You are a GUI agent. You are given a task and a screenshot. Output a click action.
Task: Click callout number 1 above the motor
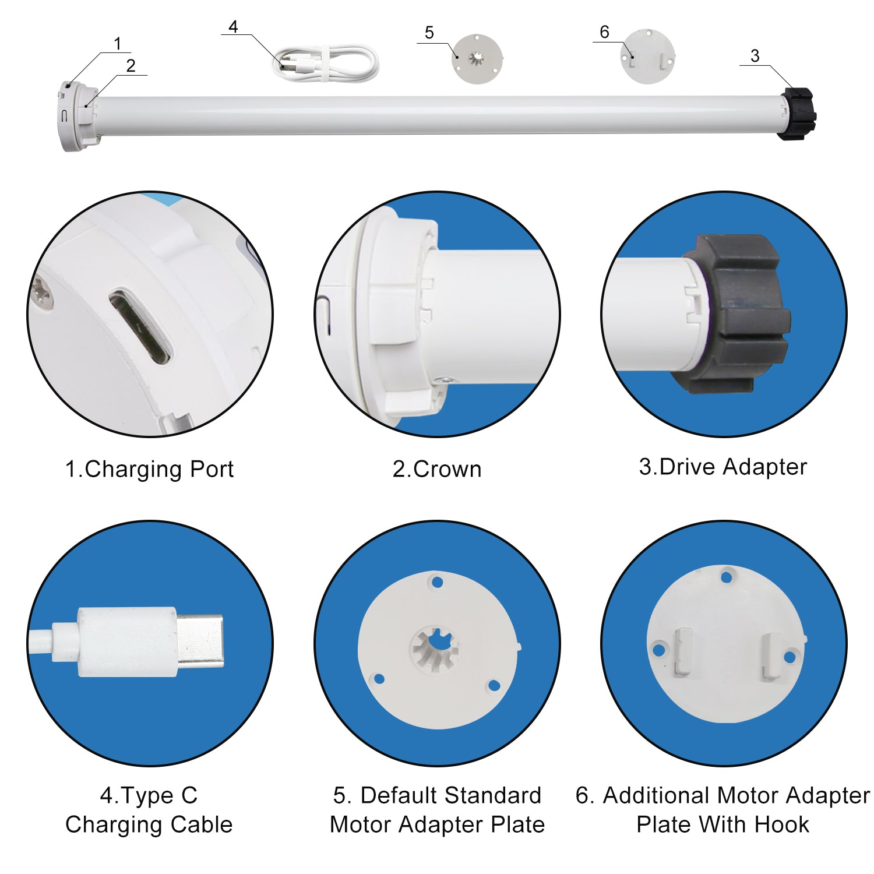pos(118,44)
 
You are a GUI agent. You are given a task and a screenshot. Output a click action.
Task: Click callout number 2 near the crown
pos(131,66)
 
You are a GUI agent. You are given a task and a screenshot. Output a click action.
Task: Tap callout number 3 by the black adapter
pos(755,56)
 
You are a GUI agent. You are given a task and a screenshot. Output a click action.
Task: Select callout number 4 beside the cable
pos(234,27)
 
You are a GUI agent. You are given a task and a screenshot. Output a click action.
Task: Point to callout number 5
pos(429,33)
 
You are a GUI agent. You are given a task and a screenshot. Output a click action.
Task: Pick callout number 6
pos(604,32)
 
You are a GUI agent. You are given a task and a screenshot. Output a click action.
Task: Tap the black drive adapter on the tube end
pos(797,114)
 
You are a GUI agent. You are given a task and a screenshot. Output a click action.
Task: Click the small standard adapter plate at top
pos(477,58)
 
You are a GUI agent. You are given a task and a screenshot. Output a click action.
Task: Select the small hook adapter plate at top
pos(647,56)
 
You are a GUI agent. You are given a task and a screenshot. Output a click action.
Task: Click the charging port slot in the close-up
pos(140,326)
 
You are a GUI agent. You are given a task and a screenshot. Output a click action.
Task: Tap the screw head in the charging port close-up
pos(43,291)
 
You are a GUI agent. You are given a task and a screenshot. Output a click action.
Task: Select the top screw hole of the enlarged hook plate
pos(726,577)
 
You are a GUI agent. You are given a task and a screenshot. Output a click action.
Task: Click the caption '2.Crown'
pos(437,469)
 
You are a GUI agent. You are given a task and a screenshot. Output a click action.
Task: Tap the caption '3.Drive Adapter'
pos(723,467)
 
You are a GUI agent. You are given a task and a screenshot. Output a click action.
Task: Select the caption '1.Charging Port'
pos(149,469)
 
